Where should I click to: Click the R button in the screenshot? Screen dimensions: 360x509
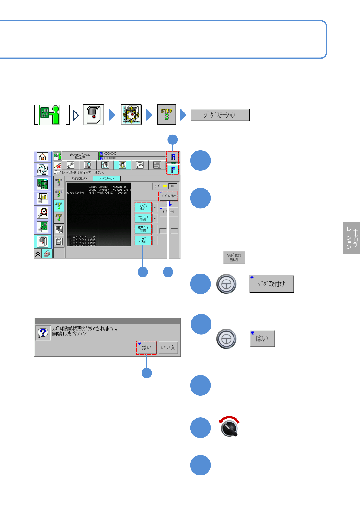173,157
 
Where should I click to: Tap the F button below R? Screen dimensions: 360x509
173,170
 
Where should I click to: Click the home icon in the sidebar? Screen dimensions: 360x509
42,157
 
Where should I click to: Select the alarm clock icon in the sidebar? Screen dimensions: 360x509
42,212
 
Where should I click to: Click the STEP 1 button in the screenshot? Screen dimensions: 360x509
59,182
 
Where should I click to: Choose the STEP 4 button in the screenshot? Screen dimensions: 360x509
59,217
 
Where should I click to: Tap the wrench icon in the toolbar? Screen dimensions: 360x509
70,165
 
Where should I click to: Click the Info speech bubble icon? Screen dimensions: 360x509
139,165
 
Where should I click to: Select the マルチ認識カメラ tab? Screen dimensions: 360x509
79,179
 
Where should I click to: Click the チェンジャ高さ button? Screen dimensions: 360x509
142,207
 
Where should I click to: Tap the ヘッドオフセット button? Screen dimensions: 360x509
142,240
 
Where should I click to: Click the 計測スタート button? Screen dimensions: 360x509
169,212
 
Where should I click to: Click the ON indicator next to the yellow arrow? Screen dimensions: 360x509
173,186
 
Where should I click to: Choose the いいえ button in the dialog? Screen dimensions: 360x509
168,348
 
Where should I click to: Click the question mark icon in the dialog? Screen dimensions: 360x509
43,333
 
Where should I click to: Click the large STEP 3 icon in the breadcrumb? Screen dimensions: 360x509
166,114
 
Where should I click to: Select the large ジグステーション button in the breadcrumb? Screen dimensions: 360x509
220,115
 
